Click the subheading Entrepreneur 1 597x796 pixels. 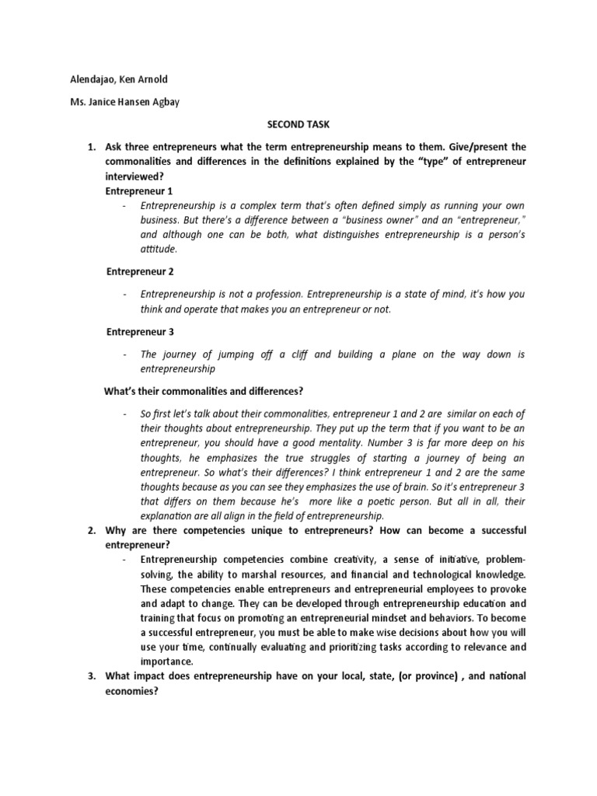[x=139, y=190]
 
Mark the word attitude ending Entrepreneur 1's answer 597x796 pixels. [x=159, y=250]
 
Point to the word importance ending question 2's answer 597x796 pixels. [x=166, y=662]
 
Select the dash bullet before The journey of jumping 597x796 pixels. [x=124, y=354]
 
